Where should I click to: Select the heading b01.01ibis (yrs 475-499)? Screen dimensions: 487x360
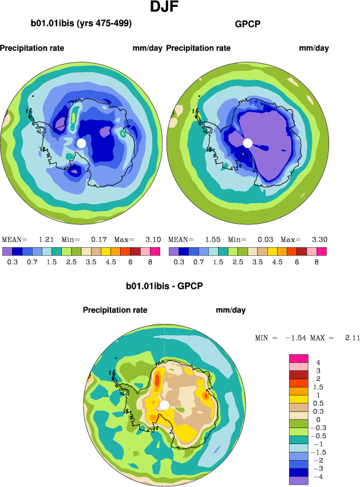(x=81, y=24)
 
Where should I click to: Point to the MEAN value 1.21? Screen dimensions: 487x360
(x=46, y=239)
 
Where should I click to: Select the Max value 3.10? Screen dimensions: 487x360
(x=153, y=239)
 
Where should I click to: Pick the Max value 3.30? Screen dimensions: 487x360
(x=320, y=239)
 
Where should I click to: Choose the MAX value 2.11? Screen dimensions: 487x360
(x=351, y=338)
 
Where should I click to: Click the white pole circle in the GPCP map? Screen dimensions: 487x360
(x=248, y=142)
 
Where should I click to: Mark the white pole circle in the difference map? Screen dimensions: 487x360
(x=164, y=405)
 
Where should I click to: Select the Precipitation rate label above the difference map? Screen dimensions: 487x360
(x=115, y=310)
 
